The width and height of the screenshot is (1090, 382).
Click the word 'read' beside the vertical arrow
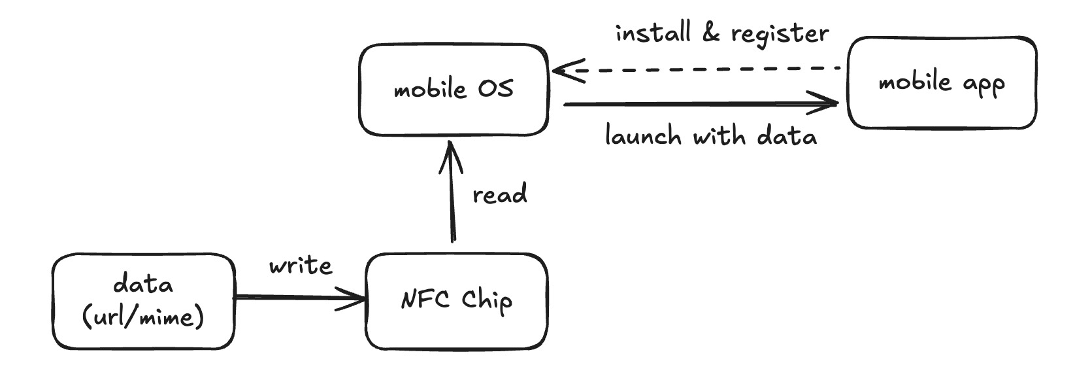tap(499, 195)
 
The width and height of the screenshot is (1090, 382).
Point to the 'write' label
tap(301, 266)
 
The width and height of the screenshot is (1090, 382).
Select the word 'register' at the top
tap(780, 34)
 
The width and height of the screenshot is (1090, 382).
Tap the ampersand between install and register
tap(711, 33)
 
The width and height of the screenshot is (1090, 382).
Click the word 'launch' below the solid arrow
tap(644, 137)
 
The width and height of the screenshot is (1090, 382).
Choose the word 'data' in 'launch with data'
tap(786, 137)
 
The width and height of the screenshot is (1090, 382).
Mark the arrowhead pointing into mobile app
tap(830, 103)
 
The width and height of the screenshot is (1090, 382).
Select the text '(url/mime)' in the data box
tap(143, 318)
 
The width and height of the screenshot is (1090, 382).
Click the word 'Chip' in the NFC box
tap(487, 301)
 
